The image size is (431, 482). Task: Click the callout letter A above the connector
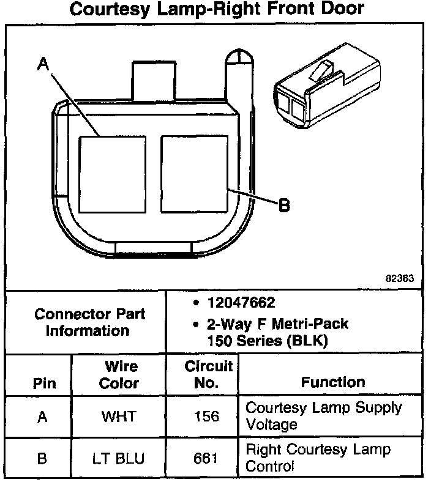(x=43, y=64)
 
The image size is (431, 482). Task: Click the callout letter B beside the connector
(x=284, y=205)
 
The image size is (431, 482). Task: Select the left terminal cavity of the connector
(x=112, y=174)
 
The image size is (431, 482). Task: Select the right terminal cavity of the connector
(x=195, y=174)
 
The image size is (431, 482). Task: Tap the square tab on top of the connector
(x=154, y=81)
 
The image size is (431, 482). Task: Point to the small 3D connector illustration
(x=327, y=85)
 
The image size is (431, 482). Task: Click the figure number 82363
(x=400, y=278)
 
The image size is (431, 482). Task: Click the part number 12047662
(x=241, y=303)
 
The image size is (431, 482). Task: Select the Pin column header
(x=44, y=384)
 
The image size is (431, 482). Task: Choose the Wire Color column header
(x=119, y=375)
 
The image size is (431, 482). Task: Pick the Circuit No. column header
(x=208, y=374)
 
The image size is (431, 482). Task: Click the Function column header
(x=333, y=382)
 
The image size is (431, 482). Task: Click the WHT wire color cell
(x=119, y=417)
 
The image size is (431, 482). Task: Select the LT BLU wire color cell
(x=118, y=458)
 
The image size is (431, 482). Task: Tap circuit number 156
(x=206, y=417)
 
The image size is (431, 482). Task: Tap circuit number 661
(x=206, y=458)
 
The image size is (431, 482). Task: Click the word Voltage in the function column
(x=272, y=425)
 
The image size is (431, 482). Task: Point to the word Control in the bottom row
(x=270, y=466)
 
